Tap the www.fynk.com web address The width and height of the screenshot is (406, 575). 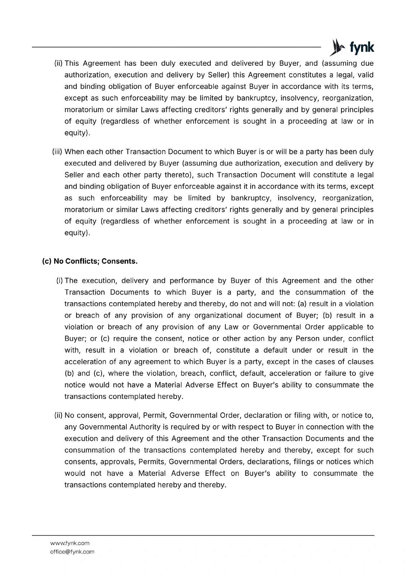70,543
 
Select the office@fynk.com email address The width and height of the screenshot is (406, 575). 72,552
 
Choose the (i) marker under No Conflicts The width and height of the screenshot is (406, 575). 60,281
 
